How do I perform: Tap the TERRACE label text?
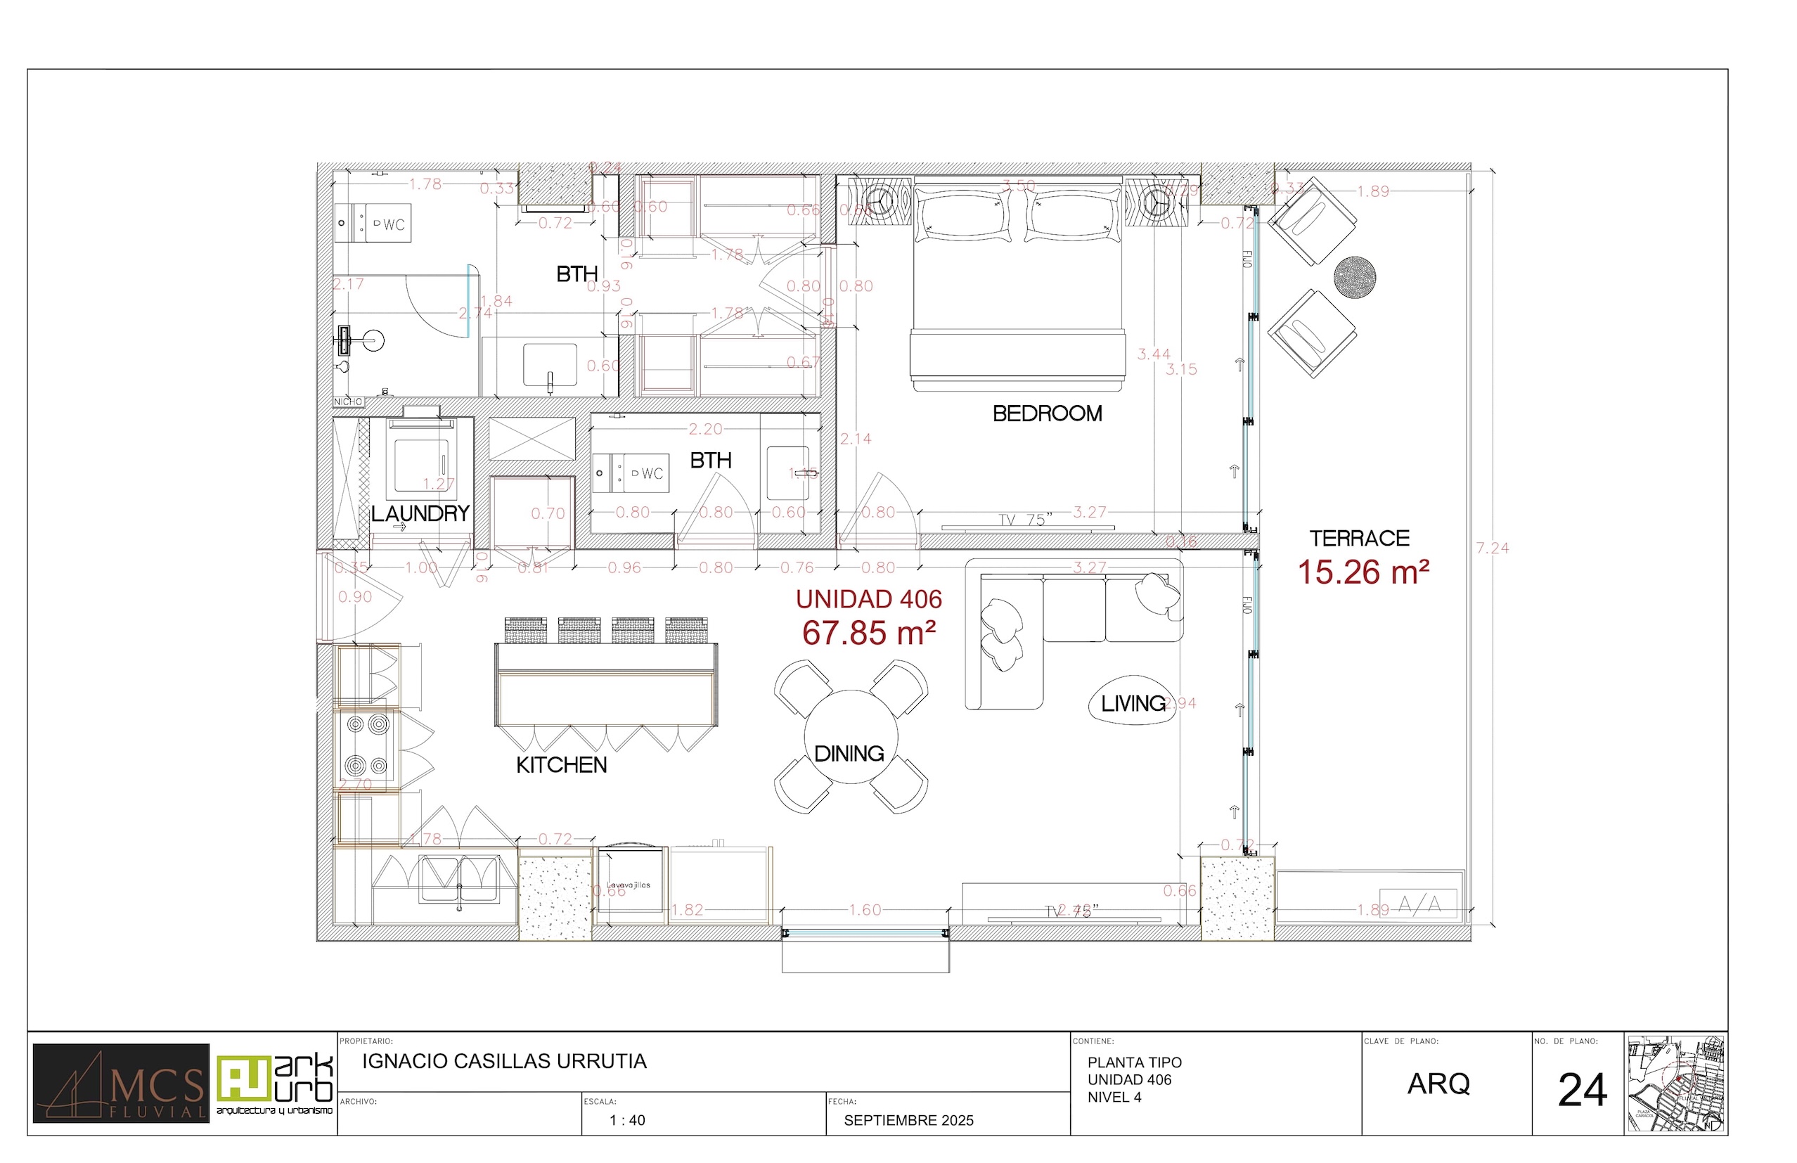pyautogui.click(x=1359, y=539)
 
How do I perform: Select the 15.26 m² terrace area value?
pyautogui.click(x=1363, y=572)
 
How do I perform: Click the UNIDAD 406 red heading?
pyautogui.click(x=868, y=599)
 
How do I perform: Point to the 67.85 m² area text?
pyautogui.click(x=868, y=633)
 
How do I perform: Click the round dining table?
pyautogui.click(x=851, y=735)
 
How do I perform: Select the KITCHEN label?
pyautogui.click(x=561, y=765)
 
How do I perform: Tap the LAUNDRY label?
pyautogui.click(x=420, y=513)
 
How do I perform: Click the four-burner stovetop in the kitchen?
pyautogui.click(x=367, y=745)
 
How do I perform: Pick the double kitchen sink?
pyautogui.click(x=458, y=879)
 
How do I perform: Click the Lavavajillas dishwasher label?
pyautogui.click(x=629, y=885)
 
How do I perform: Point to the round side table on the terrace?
pyautogui.click(x=1355, y=277)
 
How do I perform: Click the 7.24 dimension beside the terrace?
pyautogui.click(x=1492, y=548)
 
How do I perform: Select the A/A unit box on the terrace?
pyautogui.click(x=1418, y=904)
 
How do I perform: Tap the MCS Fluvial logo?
pyautogui.click(x=121, y=1083)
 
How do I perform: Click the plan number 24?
pyautogui.click(x=1582, y=1091)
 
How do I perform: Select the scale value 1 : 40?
pyautogui.click(x=626, y=1121)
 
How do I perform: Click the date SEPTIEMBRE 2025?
pyautogui.click(x=908, y=1121)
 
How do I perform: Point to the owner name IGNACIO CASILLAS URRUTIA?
pyautogui.click(x=503, y=1061)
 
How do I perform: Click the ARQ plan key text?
pyautogui.click(x=1438, y=1084)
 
